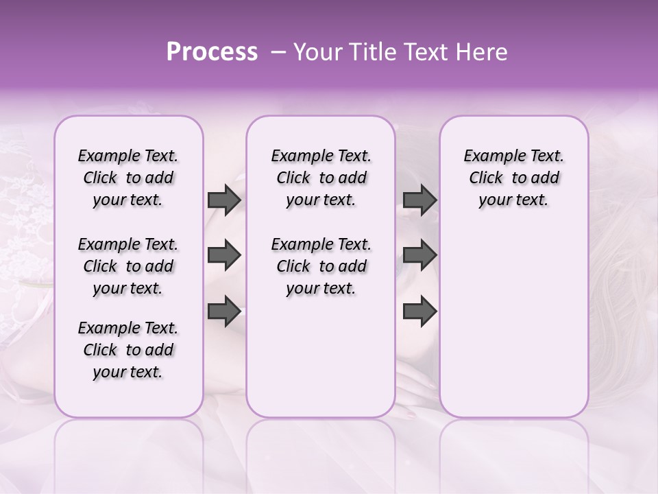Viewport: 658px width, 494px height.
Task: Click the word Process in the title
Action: [x=212, y=52]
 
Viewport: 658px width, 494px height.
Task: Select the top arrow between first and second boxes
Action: [x=224, y=200]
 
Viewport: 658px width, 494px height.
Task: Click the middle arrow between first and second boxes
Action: [x=224, y=256]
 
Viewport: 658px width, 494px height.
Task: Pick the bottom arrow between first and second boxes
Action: [x=224, y=311]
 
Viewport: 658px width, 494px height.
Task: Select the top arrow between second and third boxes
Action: [x=419, y=200]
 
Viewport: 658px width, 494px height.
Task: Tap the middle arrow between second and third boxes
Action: [x=419, y=256]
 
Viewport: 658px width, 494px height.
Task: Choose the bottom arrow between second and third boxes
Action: [x=419, y=311]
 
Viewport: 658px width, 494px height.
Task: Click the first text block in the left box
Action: [x=128, y=178]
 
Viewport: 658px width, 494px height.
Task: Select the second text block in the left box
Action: [x=128, y=266]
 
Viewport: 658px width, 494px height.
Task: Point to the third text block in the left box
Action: [x=128, y=350]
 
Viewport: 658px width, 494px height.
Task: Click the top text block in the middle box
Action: [x=321, y=178]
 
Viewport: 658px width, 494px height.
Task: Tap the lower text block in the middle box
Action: [x=321, y=266]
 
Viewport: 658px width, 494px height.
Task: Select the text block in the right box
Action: [x=513, y=178]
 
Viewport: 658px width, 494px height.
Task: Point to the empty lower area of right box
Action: [x=513, y=316]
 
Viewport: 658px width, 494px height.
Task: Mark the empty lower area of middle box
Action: [x=321, y=357]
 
